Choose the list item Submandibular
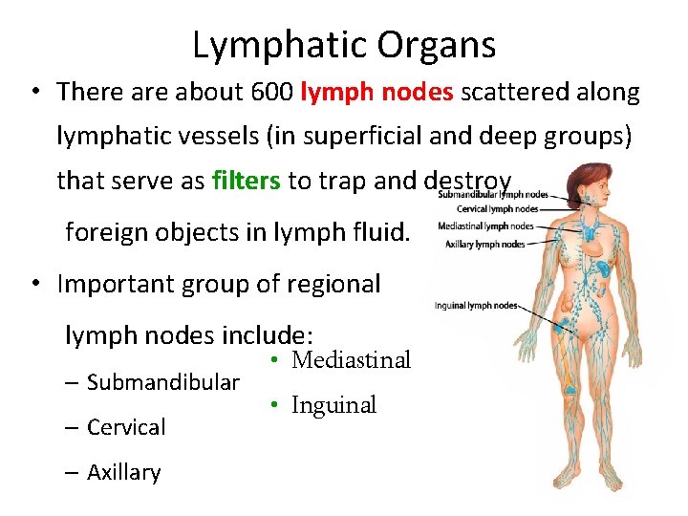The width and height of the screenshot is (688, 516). tap(163, 383)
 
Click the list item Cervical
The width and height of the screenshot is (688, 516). tap(126, 427)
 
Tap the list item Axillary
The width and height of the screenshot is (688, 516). tap(124, 472)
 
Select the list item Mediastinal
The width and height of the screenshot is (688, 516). tap(351, 360)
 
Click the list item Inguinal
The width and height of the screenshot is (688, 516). tap(333, 405)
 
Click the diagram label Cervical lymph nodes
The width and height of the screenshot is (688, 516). tap(497, 208)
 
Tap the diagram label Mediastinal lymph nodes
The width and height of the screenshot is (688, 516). tap(485, 226)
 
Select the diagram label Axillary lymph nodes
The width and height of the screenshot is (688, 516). tap(485, 245)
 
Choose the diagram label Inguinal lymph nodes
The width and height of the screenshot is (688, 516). tap(476, 306)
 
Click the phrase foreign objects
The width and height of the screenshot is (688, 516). tap(151, 232)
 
